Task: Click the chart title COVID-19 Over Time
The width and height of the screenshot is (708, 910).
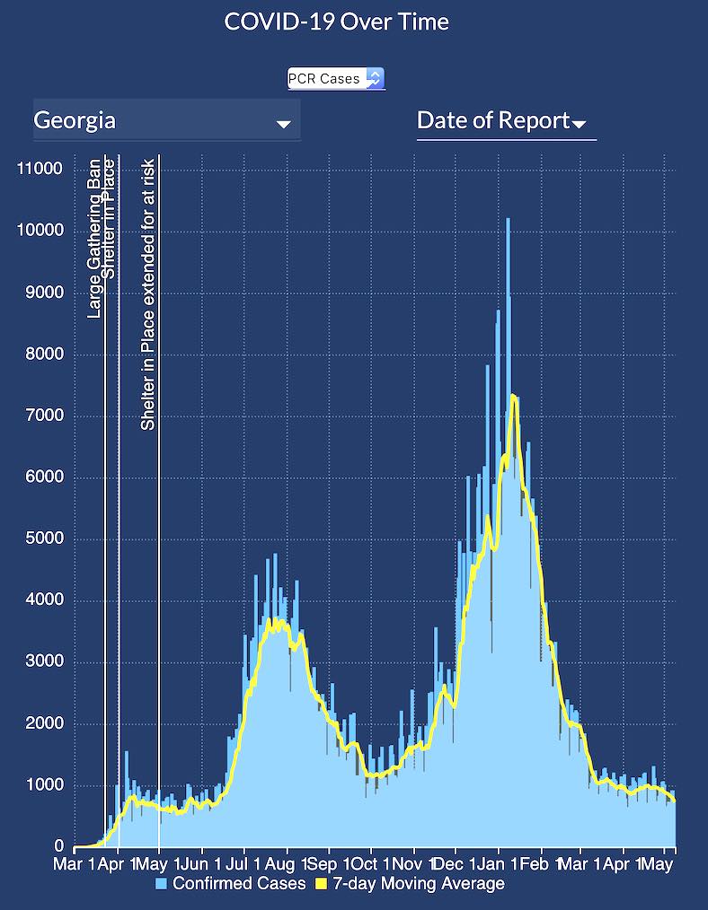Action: click(336, 22)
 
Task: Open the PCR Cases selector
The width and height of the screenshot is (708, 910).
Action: click(336, 79)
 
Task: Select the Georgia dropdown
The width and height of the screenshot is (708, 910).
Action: click(166, 119)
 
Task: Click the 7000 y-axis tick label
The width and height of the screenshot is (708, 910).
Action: click(44, 416)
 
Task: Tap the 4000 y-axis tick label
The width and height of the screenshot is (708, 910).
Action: click(44, 601)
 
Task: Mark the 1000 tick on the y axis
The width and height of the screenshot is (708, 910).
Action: click(44, 786)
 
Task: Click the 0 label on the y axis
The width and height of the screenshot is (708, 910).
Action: click(59, 847)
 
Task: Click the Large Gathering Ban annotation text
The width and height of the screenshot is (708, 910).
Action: click(94, 238)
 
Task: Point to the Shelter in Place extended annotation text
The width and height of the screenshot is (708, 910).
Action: click(148, 293)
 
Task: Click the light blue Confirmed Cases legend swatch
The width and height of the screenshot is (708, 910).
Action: click(162, 885)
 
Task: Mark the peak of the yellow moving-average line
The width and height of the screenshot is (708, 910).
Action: click(511, 395)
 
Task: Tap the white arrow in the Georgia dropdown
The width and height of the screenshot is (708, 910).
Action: click(283, 124)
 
